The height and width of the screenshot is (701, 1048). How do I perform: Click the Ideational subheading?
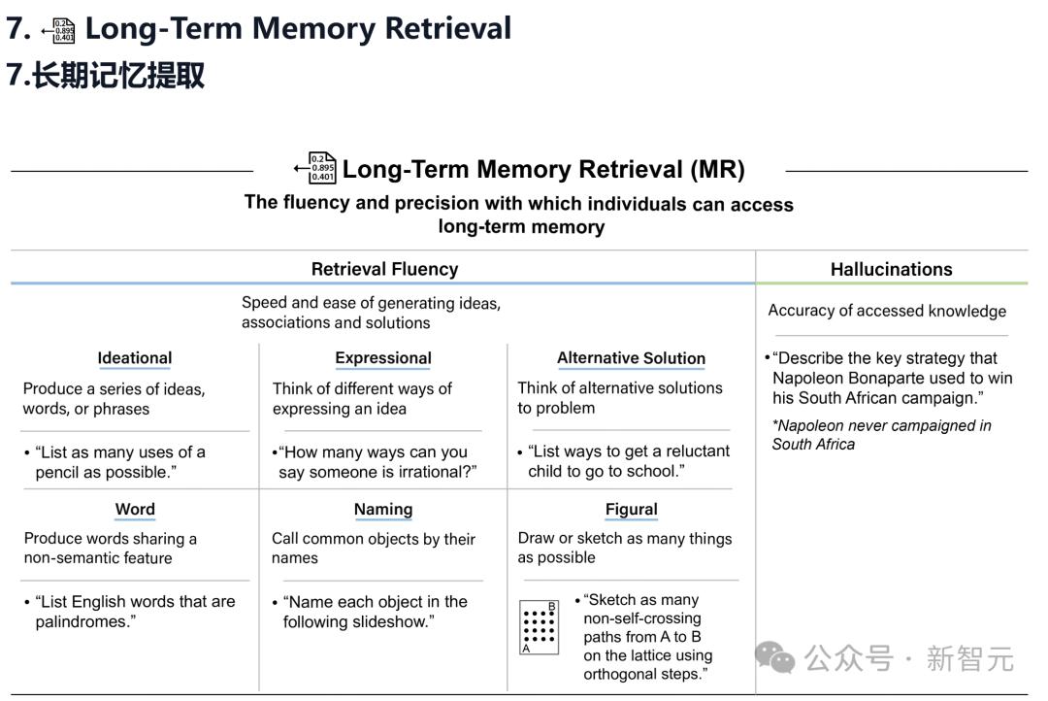coord(134,358)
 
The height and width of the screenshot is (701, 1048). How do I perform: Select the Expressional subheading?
coord(383,358)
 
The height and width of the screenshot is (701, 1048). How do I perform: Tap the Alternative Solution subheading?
coord(631,358)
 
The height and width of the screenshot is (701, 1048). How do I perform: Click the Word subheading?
coord(135,509)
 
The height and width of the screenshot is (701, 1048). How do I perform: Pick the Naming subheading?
coord(383,509)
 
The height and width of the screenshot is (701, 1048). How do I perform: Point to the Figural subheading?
coord(632,509)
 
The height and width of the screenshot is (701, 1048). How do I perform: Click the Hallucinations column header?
coord(892,269)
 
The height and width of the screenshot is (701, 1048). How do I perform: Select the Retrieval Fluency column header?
coord(385,269)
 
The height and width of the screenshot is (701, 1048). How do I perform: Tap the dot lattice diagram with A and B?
coord(539,627)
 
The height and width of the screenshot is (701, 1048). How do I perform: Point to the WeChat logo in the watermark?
coord(775,657)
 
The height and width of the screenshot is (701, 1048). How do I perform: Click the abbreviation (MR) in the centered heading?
coord(717,169)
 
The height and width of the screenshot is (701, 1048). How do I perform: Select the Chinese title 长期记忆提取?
coord(118,74)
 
